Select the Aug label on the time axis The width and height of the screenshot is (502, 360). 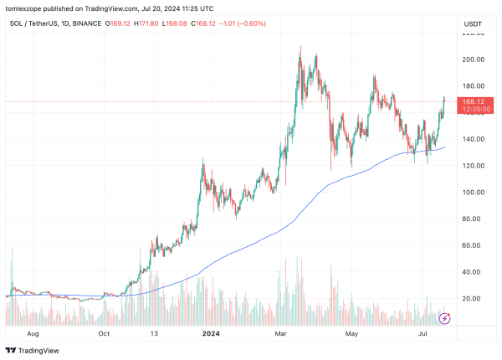click(33, 332)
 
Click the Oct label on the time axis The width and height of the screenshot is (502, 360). click(105, 332)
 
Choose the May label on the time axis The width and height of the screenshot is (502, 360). click(352, 332)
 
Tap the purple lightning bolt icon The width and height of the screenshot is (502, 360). click(446, 318)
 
